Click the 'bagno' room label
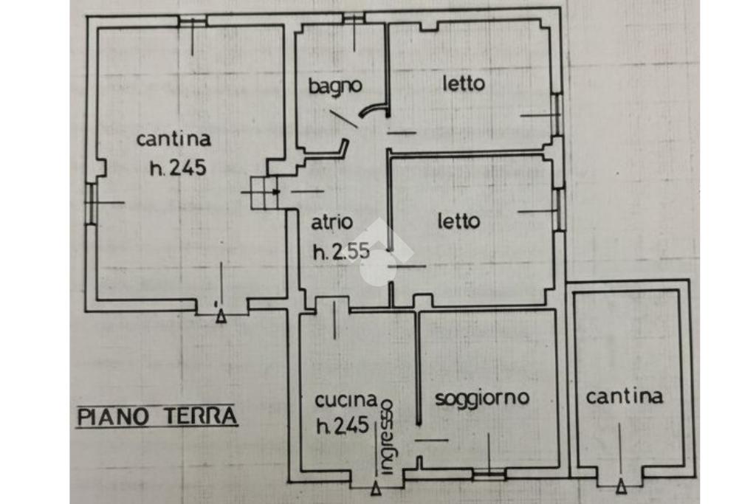click(x=335, y=87)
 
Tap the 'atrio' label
click(x=331, y=223)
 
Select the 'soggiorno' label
click(x=482, y=398)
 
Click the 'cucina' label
click(x=346, y=400)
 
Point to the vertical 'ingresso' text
click(x=387, y=437)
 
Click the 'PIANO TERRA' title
click(x=158, y=416)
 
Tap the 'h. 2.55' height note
click(x=341, y=251)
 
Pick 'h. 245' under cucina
click(x=343, y=426)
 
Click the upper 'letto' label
click(x=464, y=84)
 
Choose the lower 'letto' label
click(x=459, y=221)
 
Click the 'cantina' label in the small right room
click(x=625, y=397)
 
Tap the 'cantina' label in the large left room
click(x=173, y=139)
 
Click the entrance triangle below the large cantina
click(x=221, y=316)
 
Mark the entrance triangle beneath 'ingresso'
click(x=376, y=489)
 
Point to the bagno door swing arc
click(x=374, y=110)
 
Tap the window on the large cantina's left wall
click(x=91, y=203)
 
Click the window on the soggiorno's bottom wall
click(x=489, y=474)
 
